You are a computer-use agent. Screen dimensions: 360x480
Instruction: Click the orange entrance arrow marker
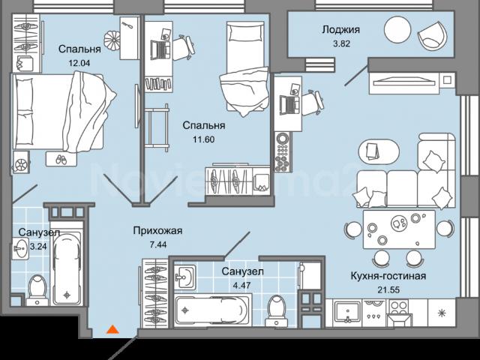click(x=112, y=328)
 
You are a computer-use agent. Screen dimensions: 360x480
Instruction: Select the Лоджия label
click(x=340, y=31)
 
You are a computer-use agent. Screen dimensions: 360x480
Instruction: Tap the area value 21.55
click(x=388, y=290)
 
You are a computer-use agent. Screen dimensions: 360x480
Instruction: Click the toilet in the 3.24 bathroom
click(x=36, y=289)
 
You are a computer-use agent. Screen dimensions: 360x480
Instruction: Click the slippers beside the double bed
click(x=58, y=159)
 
